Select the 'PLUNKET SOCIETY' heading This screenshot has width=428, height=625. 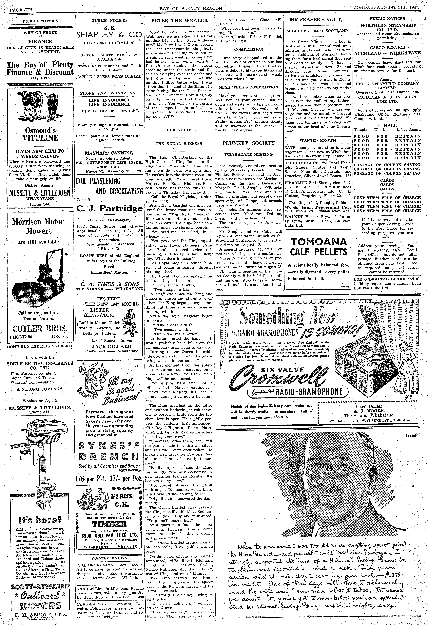[248, 143]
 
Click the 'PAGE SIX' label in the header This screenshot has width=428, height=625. [21, 10]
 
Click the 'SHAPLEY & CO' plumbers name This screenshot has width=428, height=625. [109, 34]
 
